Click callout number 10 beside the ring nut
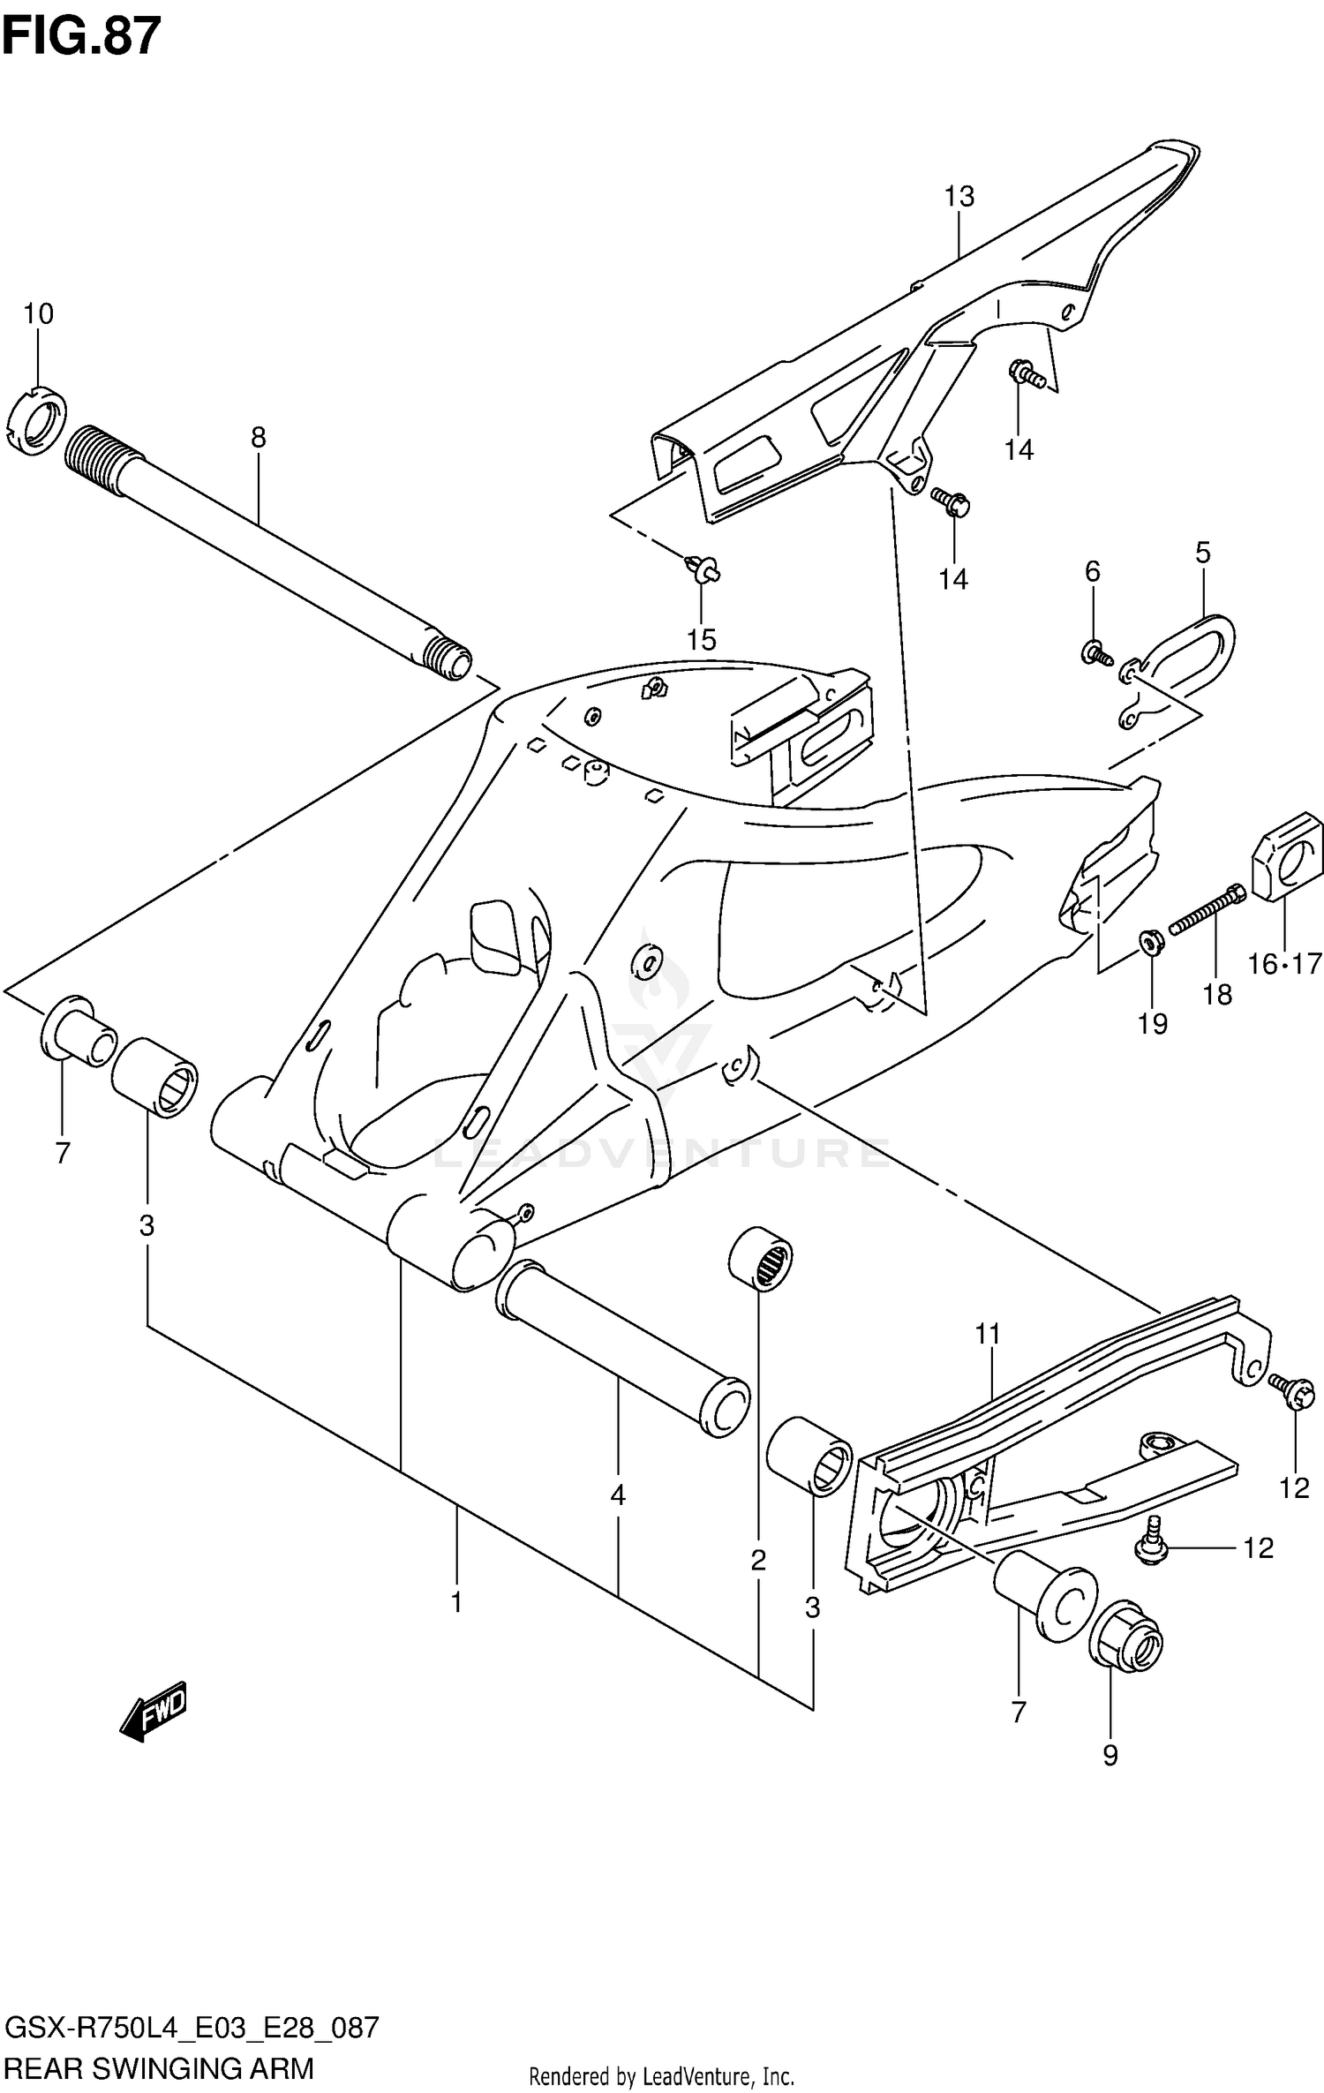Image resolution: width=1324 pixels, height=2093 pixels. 38,313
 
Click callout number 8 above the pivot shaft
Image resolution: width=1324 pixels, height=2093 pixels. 258,437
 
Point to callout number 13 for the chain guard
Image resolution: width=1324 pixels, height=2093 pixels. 959,196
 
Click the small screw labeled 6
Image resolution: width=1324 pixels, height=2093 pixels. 1095,654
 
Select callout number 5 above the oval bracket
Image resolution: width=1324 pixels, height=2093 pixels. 1202,553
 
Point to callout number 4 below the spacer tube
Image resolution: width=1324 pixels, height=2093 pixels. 618,1494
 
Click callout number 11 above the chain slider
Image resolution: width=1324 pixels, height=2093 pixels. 989,1334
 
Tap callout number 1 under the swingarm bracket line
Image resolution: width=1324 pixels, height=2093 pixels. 456,1601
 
